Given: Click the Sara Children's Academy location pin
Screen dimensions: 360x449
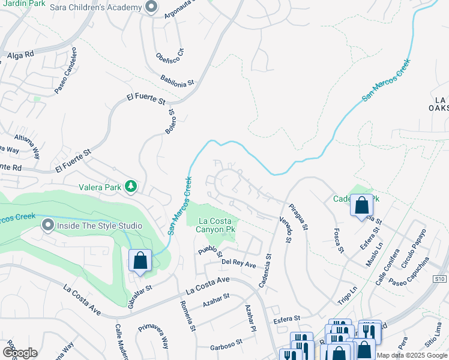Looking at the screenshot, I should (151, 8).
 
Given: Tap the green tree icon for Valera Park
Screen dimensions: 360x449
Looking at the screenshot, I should (130, 187).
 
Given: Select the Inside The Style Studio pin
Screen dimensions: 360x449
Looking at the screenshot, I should (48, 226).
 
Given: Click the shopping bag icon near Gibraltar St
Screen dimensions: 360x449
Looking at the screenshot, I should (139, 261).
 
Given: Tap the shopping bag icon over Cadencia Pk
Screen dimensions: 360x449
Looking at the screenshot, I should (362, 205).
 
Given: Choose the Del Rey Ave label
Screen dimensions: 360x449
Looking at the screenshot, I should (238, 263).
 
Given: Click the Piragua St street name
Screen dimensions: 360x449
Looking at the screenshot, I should (298, 218).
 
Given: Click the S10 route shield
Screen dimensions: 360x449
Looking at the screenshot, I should (440, 279).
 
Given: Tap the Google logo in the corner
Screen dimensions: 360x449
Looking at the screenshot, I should (20, 353).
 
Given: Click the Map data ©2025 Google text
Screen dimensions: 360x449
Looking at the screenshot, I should (412, 355).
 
